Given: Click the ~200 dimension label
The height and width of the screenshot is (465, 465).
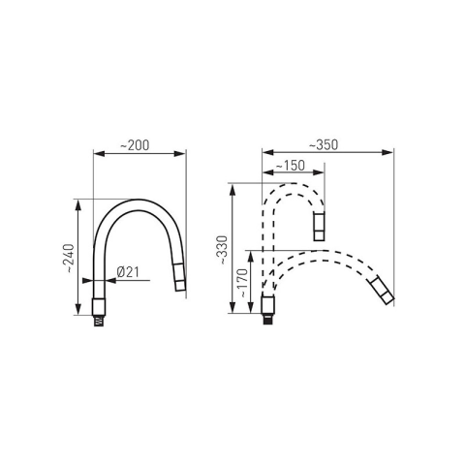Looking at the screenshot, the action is coord(135,145).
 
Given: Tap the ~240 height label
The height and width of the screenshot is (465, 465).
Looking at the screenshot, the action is coord(70,259).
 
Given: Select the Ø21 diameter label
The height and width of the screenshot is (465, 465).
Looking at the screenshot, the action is coord(128,272).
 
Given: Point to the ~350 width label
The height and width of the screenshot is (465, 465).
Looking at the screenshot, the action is coord(324,144).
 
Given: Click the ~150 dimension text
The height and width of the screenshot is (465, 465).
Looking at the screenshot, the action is coord(290,166).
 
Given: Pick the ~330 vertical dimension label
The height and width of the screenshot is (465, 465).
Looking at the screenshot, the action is coord(223,251).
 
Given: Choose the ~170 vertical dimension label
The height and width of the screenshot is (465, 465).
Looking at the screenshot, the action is coord(243,283).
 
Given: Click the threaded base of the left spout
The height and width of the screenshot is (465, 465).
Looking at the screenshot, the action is coord(99,321).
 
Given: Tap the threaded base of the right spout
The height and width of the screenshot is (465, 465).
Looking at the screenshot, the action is coord(267,319).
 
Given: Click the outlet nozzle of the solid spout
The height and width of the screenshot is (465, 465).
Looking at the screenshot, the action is coord(179,277).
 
